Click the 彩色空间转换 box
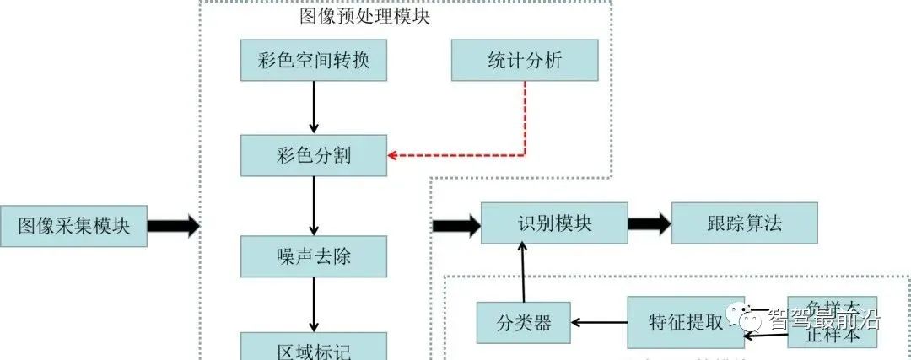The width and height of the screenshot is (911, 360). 314,60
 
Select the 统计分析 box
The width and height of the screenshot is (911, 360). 525,60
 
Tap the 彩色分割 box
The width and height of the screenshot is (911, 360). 314,155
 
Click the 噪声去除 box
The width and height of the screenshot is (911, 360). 314,256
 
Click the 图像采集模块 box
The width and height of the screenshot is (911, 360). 73,226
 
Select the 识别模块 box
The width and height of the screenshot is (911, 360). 554,223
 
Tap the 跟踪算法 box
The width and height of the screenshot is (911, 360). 744,223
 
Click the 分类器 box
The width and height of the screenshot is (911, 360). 524,322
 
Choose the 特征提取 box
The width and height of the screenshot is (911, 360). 685,322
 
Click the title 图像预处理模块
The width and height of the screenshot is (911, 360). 364,16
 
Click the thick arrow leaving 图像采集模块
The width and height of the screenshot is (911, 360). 174,226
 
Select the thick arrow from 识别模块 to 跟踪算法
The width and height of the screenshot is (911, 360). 650,224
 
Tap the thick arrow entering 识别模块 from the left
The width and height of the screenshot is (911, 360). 455,225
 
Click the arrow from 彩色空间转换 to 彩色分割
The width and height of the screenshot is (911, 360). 314,106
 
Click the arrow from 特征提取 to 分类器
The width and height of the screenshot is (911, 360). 599,321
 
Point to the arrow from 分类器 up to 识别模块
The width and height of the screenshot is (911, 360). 522,272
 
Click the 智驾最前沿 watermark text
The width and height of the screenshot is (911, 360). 822,320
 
